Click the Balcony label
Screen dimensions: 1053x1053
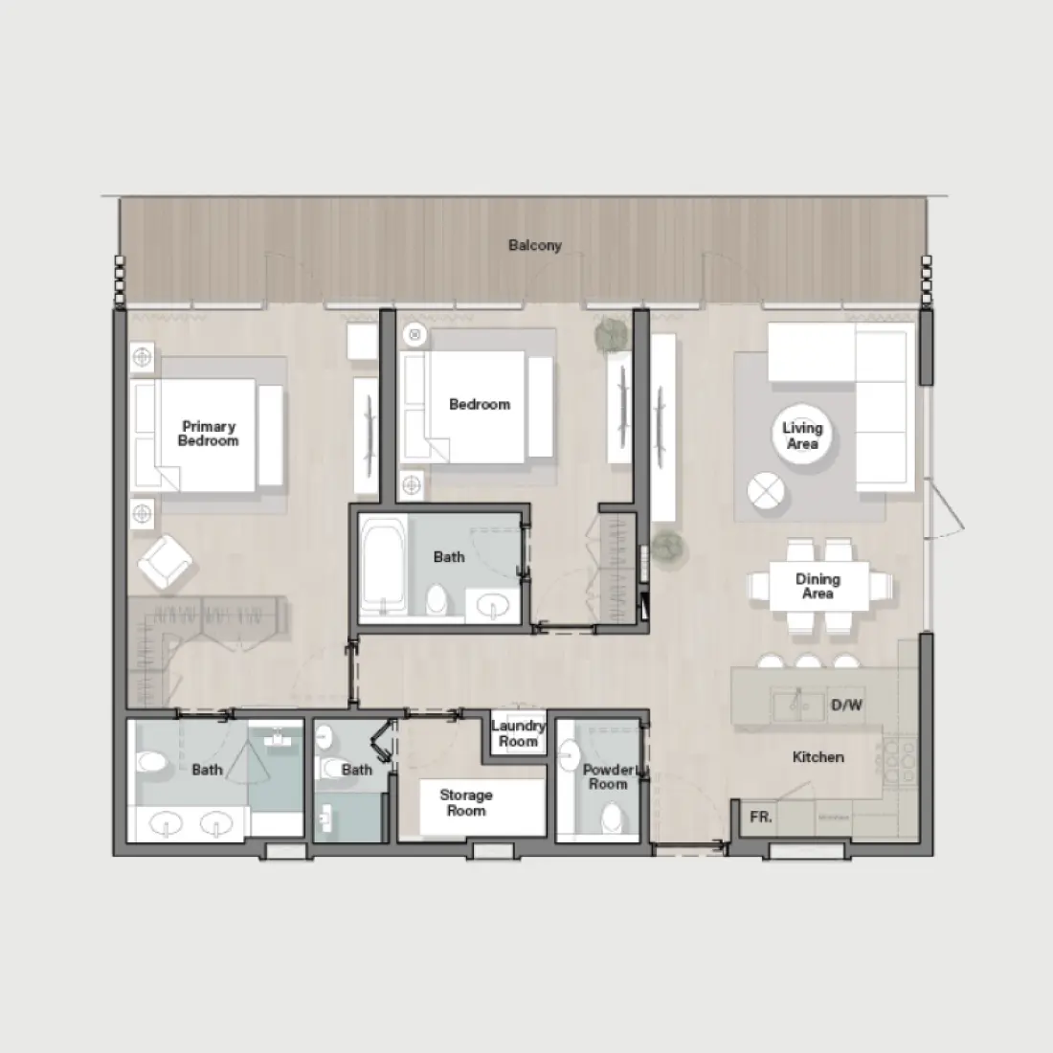(x=534, y=246)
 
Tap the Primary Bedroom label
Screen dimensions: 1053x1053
(x=208, y=434)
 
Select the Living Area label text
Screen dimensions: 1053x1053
(x=802, y=436)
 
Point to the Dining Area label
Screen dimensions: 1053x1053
(x=818, y=586)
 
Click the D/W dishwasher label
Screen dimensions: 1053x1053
(x=846, y=706)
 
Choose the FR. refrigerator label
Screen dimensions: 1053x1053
(x=761, y=818)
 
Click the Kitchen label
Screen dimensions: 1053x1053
(x=818, y=757)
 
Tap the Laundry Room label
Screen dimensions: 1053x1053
(x=518, y=733)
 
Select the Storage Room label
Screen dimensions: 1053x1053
(x=466, y=802)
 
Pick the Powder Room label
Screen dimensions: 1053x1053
(x=608, y=776)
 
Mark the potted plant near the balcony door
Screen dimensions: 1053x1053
(x=611, y=334)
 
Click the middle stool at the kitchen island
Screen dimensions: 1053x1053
(x=808, y=661)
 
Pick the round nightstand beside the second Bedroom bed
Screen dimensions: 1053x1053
(x=414, y=335)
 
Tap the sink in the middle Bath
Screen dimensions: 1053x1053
(x=494, y=605)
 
